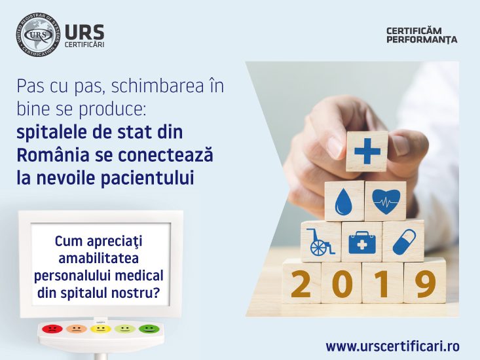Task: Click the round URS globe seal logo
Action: [38, 35]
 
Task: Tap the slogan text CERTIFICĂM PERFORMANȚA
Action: [422, 35]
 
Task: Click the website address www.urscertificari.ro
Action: [393, 346]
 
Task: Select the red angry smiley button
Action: [52, 329]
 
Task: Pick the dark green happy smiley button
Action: [149, 329]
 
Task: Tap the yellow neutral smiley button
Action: [101, 329]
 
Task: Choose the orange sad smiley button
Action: [77, 329]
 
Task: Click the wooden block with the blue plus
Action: [367, 151]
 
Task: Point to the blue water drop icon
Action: [344, 201]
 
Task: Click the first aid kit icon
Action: [362, 242]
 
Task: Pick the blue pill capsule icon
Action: [404, 242]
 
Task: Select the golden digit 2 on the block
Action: [301, 283]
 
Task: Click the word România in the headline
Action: [53, 154]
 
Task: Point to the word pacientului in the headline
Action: [147, 178]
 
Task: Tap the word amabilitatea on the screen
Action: [99, 259]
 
